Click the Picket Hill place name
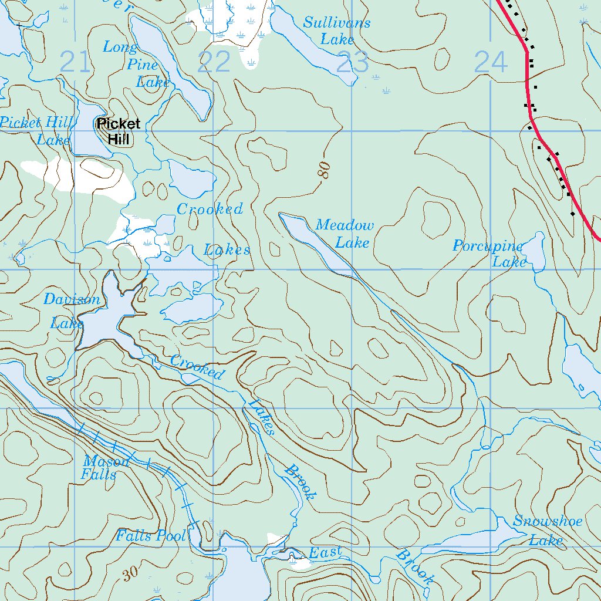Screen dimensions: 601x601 coord(119,131)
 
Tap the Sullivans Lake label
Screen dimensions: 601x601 coord(337,31)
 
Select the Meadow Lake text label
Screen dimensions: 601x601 coord(345,234)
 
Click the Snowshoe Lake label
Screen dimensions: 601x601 coord(547,531)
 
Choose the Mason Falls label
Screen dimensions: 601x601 coord(106,468)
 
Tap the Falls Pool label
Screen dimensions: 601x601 coord(151,535)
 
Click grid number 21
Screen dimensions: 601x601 coord(76,62)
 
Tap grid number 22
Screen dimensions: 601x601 coord(214,62)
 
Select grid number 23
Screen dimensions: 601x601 coord(353,62)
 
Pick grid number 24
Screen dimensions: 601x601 coord(490,62)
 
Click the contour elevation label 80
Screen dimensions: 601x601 coord(323,170)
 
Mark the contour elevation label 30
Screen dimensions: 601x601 coord(130,575)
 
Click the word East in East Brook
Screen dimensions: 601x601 coord(325,552)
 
